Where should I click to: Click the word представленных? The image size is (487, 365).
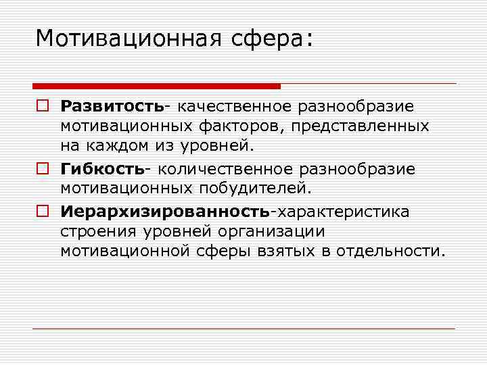point(366,126)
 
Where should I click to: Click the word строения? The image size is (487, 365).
point(96,231)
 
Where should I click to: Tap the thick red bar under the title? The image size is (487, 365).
point(156,86)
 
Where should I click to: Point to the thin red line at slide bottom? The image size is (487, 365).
point(244,328)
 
